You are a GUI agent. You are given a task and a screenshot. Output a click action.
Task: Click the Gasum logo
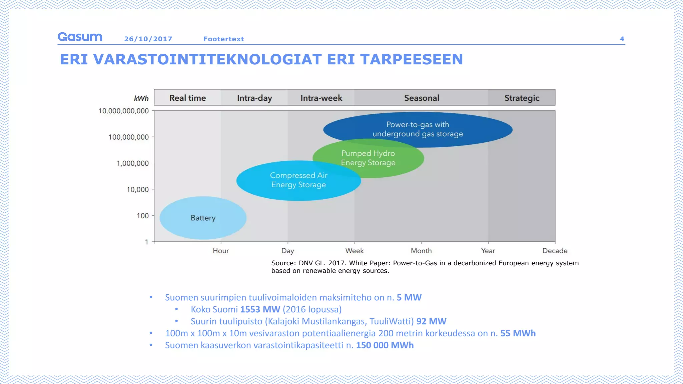pyautogui.click(x=80, y=37)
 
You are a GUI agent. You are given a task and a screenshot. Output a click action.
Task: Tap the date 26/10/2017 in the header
pyautogui.click(x=148, y=39)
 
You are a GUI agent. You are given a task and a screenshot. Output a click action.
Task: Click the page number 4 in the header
pyautogui.click(x=622, y=39)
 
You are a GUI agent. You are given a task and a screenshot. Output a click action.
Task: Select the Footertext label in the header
pyautogui.click(x=224, y=39)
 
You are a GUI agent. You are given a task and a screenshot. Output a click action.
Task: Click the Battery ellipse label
pyautogui.click(x=203, y=218)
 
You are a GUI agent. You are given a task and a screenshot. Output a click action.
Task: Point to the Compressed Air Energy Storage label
pyautogui.click(x=298, y=180)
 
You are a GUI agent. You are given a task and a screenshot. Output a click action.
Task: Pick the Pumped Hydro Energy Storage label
pyautogui.click(x=368, y=158)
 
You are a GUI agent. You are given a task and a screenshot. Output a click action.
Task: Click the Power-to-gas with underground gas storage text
pyautogui.click(x=418, y=129)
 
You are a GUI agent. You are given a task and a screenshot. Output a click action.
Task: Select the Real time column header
pyautogui.click(x=187, y=98)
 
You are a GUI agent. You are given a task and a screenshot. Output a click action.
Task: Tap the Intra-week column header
pyautogui.click(x=321, y=98)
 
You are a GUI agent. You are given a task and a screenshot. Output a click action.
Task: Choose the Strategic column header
pyautogui.click(x=522, y=98)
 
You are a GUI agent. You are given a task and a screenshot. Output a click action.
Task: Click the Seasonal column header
pyautogui.click(x=422, y=98)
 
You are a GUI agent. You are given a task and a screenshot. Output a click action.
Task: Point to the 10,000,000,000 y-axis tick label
pyautogui.click(x=123, y=111)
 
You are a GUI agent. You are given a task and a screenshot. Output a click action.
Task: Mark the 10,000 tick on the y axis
pyautogui.click(x=138, y=190)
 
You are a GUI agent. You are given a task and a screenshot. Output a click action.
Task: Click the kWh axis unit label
pyautogui.click(x=141, y=98)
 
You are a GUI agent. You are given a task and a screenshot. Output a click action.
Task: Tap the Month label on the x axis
pyautogui.click(x=421, y=251)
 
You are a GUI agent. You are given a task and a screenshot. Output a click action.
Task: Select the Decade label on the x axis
pyautogui.click(x=555, y=251)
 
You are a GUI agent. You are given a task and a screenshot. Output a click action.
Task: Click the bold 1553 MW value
pyautogui.click(x=260, y=309)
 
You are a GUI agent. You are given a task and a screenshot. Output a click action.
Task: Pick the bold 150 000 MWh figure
pyautogui.click(x=385, y=345)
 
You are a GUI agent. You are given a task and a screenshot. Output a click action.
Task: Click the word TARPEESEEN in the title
pyautogui.click(x=412, y=60)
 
